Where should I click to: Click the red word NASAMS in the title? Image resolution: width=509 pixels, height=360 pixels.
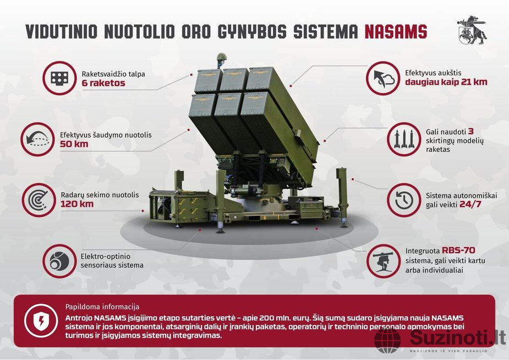click(x=396, y=31)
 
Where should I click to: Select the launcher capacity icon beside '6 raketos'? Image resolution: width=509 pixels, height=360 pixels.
click(x=59, y=78)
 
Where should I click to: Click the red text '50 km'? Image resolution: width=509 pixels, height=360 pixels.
click(x=74, y=144)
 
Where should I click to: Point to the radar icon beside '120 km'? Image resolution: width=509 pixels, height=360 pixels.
click(x=39, y=200)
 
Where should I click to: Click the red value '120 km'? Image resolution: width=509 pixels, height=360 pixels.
click(x=77, y=204)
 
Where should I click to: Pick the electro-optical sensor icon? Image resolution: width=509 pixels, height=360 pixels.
click(x=59, y=261)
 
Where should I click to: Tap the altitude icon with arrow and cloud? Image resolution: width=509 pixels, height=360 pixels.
click(x=383, y=78)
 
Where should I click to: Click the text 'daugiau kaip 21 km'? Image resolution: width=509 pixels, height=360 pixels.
click(x=446, y=82)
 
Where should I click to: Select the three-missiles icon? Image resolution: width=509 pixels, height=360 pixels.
click(x=403, y=139)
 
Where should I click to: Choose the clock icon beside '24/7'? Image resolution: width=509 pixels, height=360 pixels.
click(x=404, y=200)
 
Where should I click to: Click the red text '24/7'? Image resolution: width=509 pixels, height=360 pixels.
click(x=470, y=205)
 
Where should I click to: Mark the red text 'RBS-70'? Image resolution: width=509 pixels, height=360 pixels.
click(x=458, y=250)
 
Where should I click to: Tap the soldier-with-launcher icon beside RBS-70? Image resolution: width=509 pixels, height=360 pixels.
click(x=384, y=261)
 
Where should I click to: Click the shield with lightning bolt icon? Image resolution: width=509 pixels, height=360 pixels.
click(x=41, y=321)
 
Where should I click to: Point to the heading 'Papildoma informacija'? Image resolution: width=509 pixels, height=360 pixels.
click(x=102, y=307)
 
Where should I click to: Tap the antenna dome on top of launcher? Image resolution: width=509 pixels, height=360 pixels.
click(x=221, y=57)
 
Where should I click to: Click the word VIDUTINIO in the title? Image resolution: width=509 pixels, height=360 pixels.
click(x=61, y=31)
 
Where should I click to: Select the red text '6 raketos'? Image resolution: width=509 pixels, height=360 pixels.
click(x=103, y=83)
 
